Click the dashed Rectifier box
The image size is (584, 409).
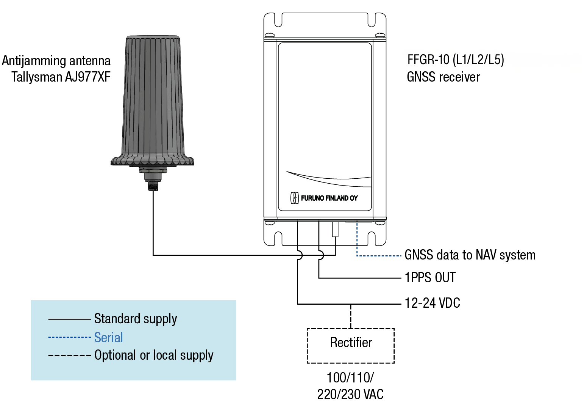(x=350, y=329)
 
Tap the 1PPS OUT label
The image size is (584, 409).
(x=430, y=277)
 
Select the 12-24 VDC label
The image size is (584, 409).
(x=432, y=303)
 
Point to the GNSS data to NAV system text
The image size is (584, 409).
(x=470, y=255)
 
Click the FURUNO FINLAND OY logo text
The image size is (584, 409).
(x=329, y=198)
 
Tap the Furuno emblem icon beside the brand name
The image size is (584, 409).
(x=295, y=198)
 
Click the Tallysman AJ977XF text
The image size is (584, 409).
(x=61, y=77)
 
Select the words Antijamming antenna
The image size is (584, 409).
(x=56, y=61)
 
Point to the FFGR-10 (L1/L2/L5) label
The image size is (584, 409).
(x=456, y=60)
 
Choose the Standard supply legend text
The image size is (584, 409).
(x=136, y=319)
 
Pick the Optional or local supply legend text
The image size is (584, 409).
(x=154, y=356)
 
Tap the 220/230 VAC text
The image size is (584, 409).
(x=350, y=394)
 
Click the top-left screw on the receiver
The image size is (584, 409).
(x=270, y=35)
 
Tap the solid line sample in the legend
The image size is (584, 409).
(x=69, y=319)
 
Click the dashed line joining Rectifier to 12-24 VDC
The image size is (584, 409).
(x=351, y=316)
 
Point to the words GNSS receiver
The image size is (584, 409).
(x=443, y=77)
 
